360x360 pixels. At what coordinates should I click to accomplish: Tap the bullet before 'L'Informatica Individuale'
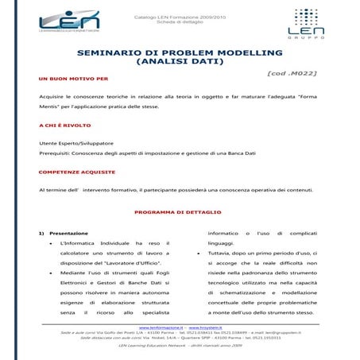tap(51, 242)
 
